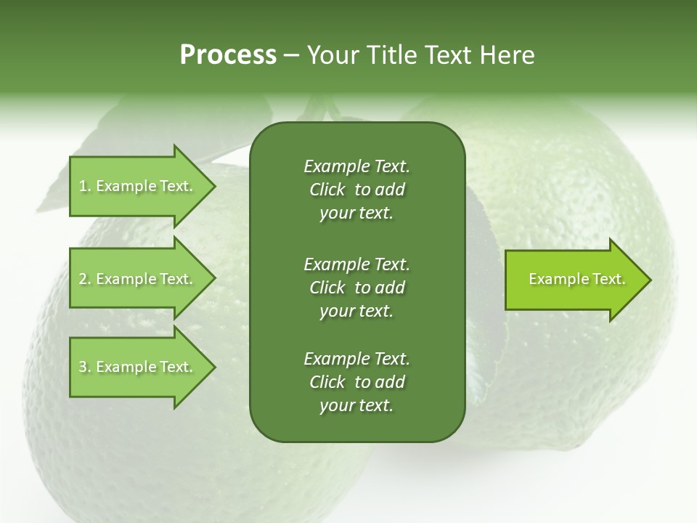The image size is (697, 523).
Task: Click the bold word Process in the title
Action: click(x=228, y=55)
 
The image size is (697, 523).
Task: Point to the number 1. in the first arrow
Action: click(x=85, y=186)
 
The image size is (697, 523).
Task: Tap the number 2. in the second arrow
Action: click(x=85, y=279)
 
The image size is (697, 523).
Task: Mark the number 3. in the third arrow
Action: click(x=85, y=367)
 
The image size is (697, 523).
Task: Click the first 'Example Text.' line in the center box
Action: click(x=356, y=166)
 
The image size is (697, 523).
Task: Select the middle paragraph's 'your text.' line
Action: click(x=356, y=311)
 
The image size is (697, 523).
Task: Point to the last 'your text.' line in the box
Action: click(x=356, y=406)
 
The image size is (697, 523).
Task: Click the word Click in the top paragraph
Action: click(x=327, y=190)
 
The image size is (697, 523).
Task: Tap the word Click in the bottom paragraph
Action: click(x=327, y=382)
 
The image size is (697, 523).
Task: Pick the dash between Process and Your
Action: click(x=291, y=55)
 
